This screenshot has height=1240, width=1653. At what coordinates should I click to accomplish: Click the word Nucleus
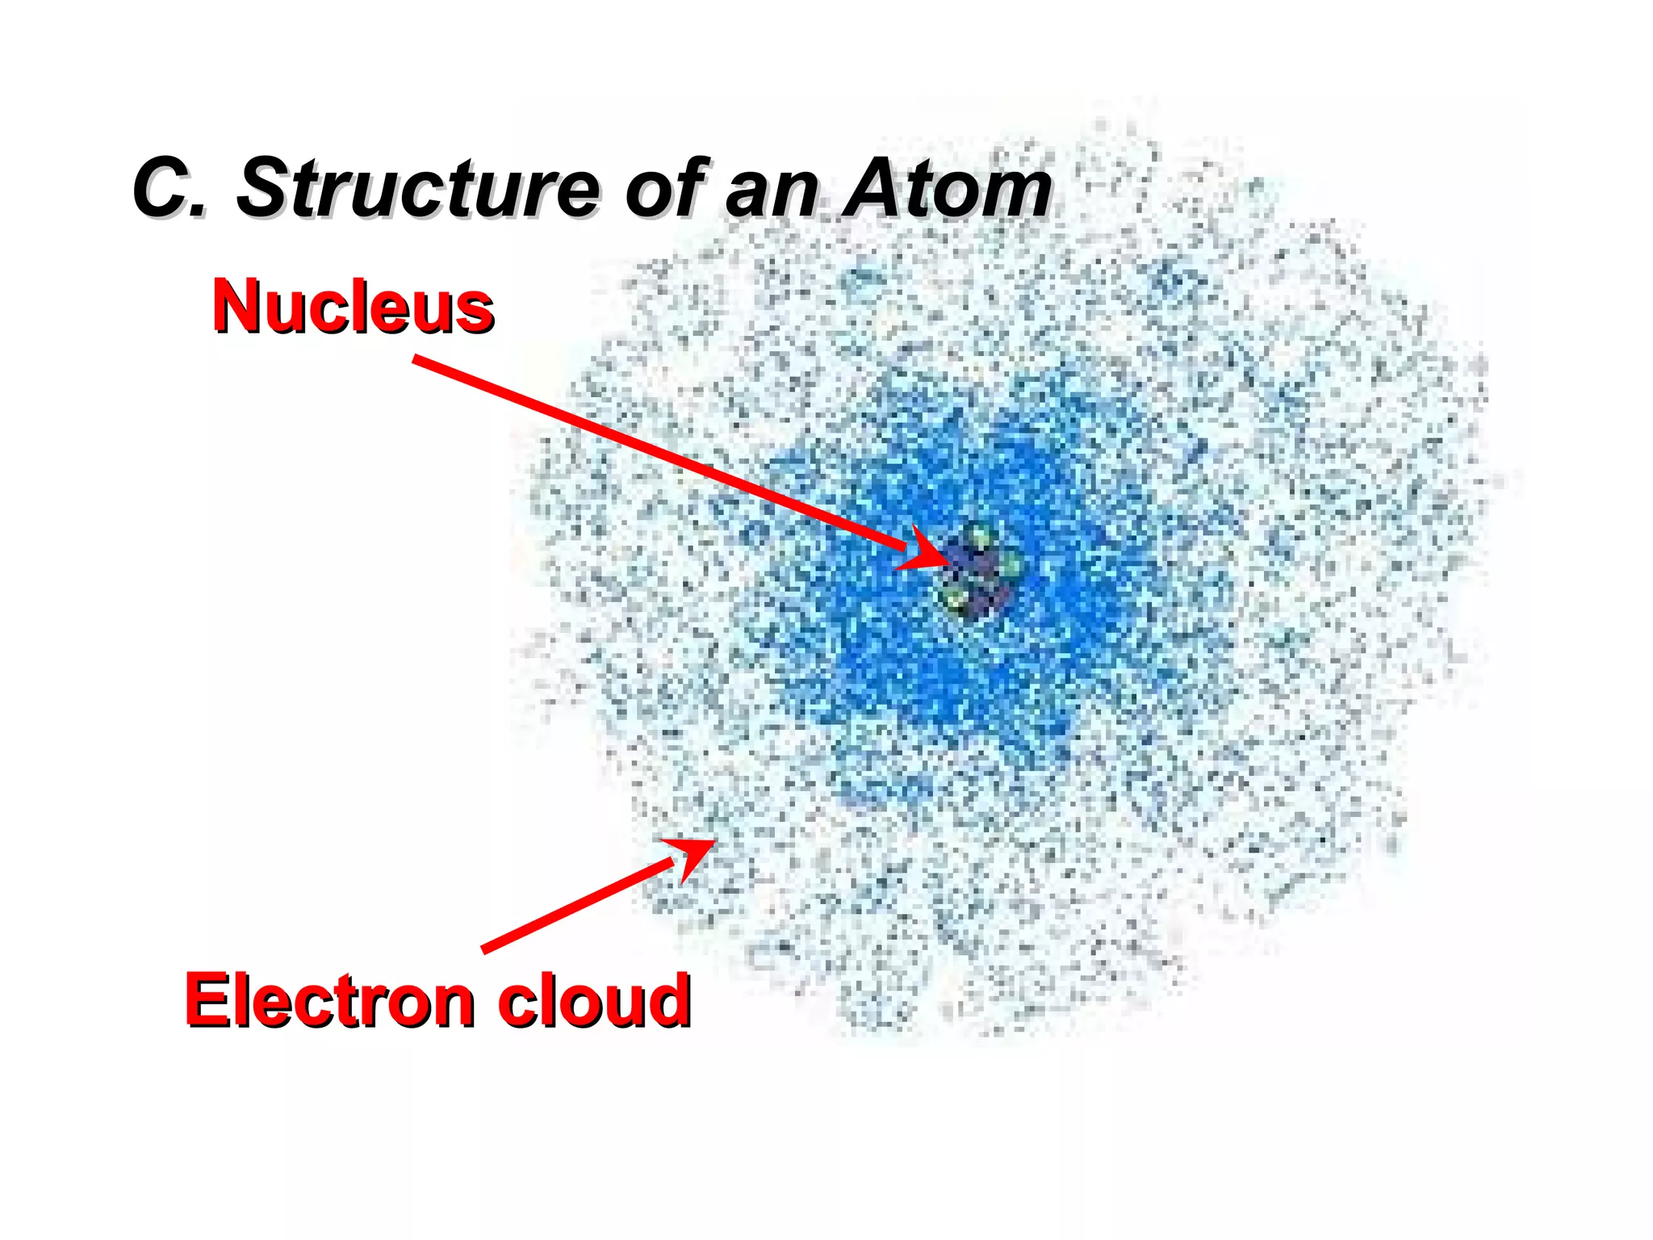(x=353, y=307)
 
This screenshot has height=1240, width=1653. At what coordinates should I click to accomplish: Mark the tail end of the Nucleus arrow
(x=416, y=359)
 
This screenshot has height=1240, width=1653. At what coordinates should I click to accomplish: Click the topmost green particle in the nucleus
(x=978, y=535)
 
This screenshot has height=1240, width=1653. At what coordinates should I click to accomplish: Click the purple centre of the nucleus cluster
(x=978, y=575)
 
